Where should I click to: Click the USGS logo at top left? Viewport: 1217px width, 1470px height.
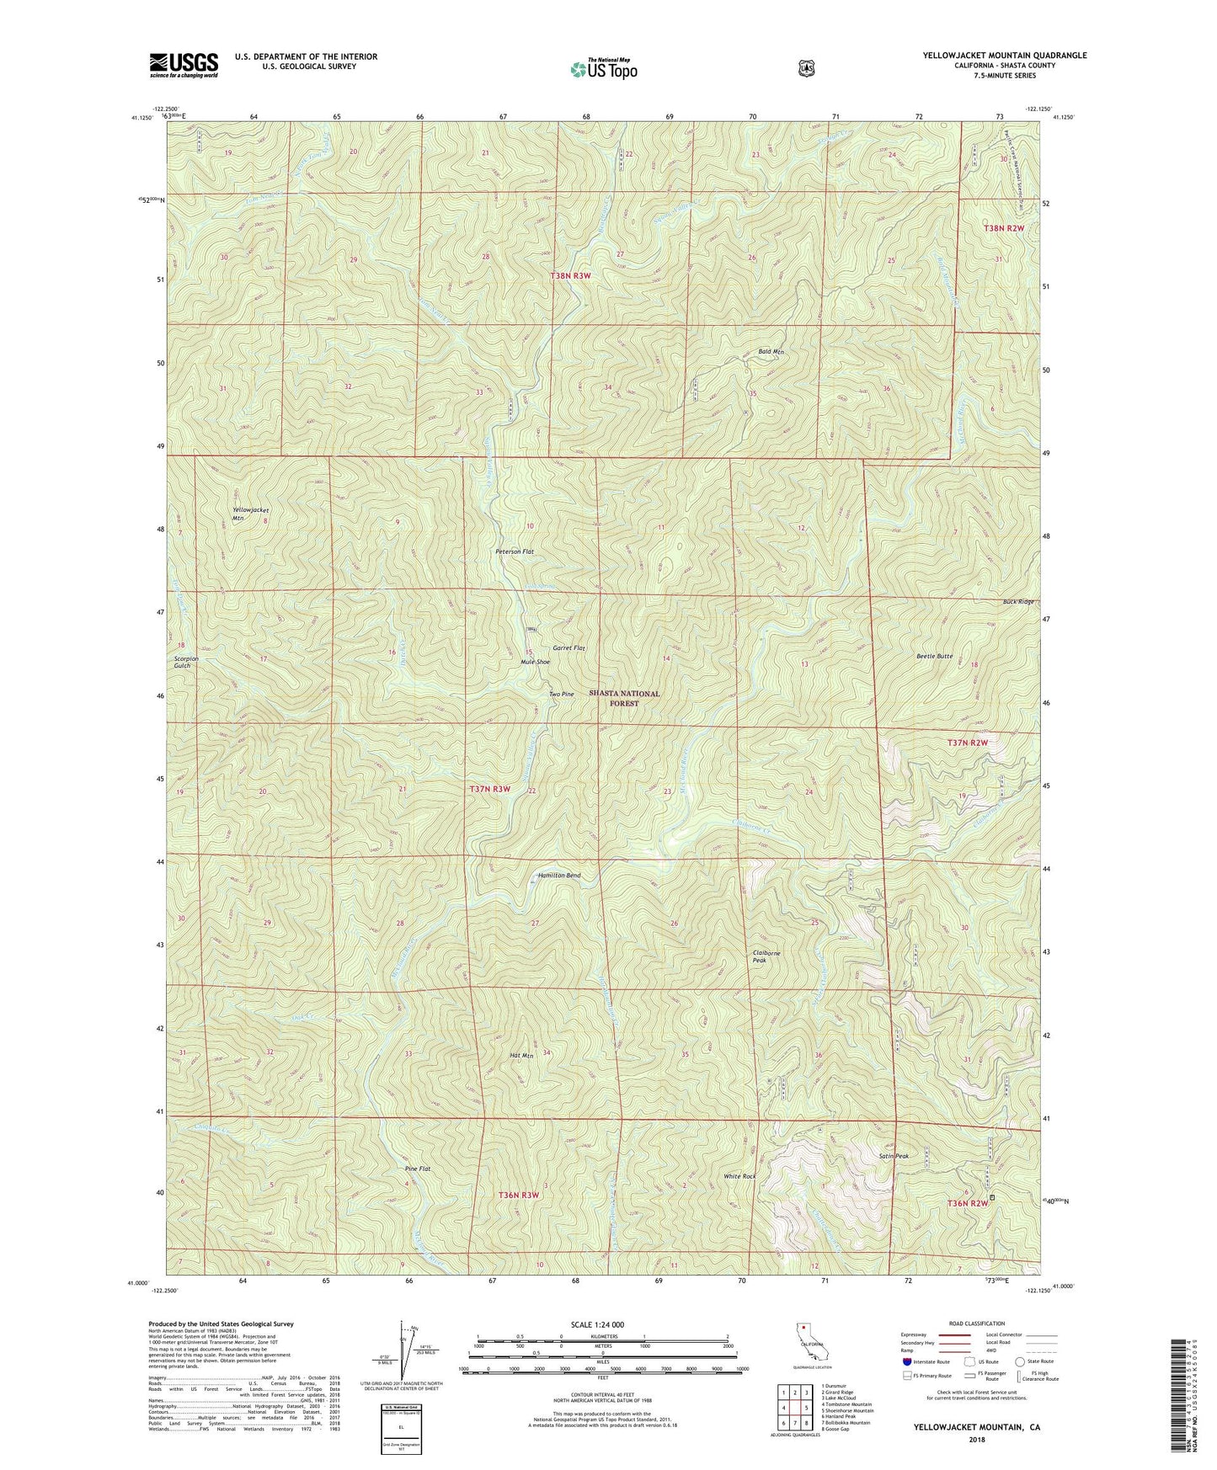(184, 65)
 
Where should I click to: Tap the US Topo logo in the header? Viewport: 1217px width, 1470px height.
(603, 69)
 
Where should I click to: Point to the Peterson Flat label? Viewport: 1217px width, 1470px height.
(515, 551)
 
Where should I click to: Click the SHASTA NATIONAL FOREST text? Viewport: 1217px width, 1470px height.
(624, 698)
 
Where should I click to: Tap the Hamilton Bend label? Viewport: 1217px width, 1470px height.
(559, 876)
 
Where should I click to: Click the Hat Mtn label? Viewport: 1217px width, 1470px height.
(521, 1055)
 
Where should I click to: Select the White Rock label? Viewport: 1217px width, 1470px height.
(739, 1176)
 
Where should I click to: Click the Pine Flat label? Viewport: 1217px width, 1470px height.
(418, 1169)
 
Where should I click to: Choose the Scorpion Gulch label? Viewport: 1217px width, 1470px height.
(183, 662)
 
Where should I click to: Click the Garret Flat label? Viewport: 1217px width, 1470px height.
(568, 648)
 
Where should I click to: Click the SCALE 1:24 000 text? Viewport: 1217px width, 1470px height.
(602, 1325)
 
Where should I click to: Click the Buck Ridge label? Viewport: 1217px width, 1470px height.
(1017, 602)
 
